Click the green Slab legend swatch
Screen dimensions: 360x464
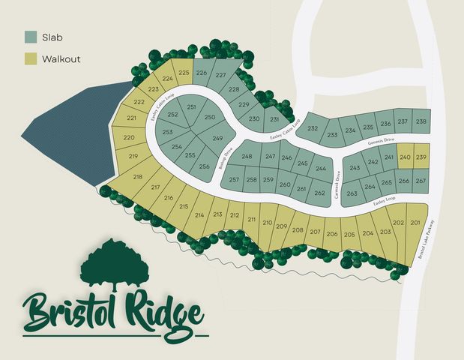(31, 36)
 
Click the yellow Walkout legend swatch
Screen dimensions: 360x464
(31, 58)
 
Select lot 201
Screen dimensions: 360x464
(415, 223)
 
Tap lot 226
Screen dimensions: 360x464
(202, 73)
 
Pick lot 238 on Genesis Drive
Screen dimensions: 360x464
(421, 121)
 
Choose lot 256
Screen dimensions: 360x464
(204, 167)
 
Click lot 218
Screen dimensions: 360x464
(137, 177)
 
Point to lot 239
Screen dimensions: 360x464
(421, 157)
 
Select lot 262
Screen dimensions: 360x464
(320, 193)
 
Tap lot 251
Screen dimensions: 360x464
(191, 107)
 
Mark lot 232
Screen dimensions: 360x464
(313, 128)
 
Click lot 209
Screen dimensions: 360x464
(281, 226)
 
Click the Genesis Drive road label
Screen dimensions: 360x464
(382, 142)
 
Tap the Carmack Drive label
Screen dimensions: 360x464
(337, 184)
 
